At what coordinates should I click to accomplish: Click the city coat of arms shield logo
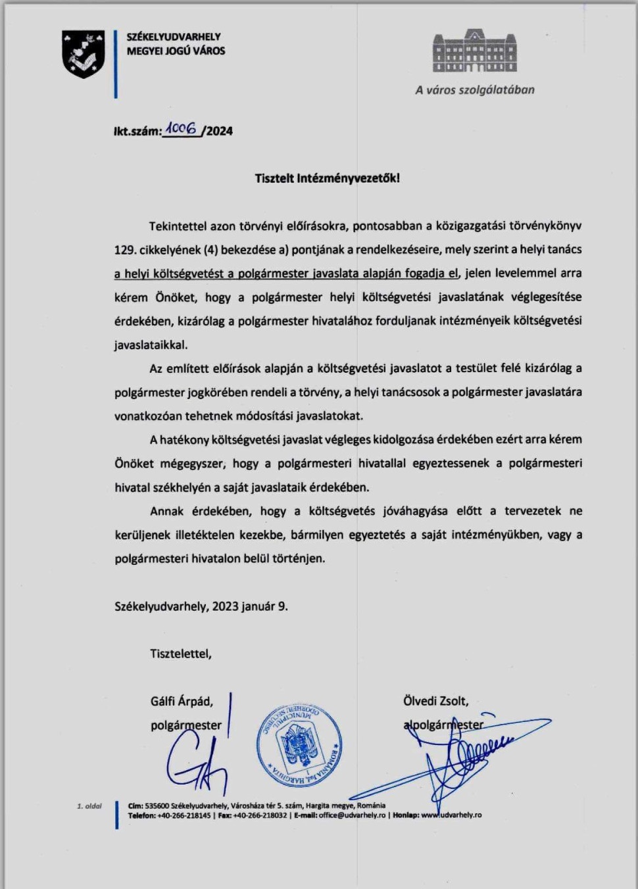(83, 54)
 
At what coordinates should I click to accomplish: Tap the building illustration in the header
(474, 51)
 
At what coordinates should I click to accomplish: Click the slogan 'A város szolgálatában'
(474, 90)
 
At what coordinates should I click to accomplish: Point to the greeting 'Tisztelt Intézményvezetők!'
(327, 178)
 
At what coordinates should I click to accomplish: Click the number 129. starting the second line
(124, 250)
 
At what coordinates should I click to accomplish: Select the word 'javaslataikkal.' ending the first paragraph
(151, 345)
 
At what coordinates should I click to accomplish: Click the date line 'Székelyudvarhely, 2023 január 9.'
(201, 606)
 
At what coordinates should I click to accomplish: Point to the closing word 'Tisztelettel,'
(181, 654)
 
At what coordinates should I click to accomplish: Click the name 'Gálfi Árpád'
(182, 702)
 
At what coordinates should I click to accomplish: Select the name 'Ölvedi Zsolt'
(435, 701)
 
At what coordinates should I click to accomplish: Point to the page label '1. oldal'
(89, 805)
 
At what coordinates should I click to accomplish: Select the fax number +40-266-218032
(260, 815)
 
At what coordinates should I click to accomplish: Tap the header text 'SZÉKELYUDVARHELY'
(174, 37)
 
